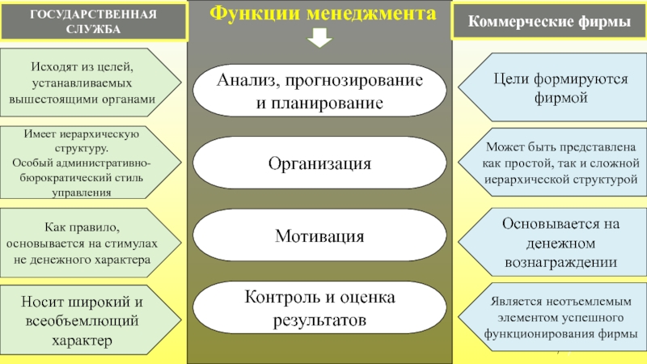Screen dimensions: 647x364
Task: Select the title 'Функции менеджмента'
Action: (x=320, y=14)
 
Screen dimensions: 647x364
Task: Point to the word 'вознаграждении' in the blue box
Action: (x=560, y=263)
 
